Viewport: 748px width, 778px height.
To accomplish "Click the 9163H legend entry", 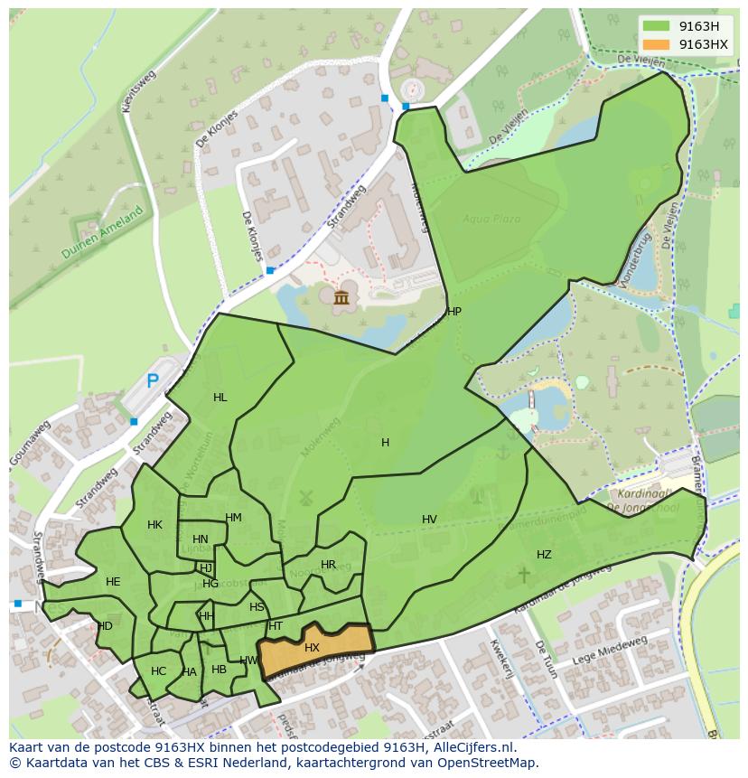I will pyautogui.click(x=686, y=26).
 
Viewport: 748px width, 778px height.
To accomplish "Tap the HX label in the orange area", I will pyautogui.click(x=312, y=648).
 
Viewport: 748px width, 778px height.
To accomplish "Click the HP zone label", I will pyautogui.click(x=454, y=312).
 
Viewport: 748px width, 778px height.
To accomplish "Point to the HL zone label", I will pyautogui.click(x=220, y=398).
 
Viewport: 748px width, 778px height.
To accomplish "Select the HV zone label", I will pyautogui.click(x=429, y=520).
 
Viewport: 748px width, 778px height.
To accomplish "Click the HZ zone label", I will pyautogui.click(x=544, y=555).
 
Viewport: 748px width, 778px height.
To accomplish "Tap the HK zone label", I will pyautogui.click(x=154, y=525).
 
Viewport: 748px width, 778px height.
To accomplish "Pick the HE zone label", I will pyautogui.click(x=113, y=582).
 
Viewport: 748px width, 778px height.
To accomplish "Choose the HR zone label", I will pyautogui.click(x=328, y=565).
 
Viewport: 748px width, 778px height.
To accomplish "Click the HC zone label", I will pyautogui.click(x=159, y=671).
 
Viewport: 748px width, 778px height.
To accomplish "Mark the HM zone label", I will pyautogui.click(x=233, y=518).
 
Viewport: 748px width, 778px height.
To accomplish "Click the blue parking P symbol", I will pyautogui.click(x=153, y=381).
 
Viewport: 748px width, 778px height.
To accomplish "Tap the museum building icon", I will pyautogui.click(x=341, y=298).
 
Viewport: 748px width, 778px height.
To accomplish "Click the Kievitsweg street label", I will pyautogui.click(x=139, y=90).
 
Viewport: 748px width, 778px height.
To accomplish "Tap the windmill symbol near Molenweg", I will pyautogui.click(x=304, y=497).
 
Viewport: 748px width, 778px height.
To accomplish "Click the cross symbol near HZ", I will pyautogui.click(x=523, y=574).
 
